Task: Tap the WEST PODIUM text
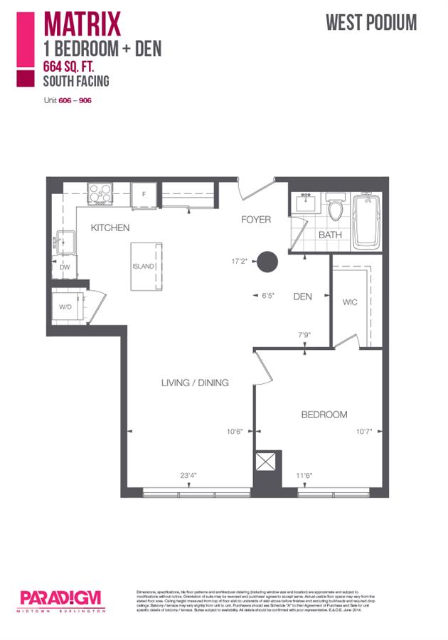point(371,23)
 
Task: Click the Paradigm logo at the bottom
point(62,599)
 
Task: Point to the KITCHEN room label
point(110,228)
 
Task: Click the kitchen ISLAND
point(146,267)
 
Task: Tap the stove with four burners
point(101,192)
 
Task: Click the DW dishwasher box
point(65,267)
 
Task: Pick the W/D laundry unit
point(66,307)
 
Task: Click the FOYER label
point(255,220)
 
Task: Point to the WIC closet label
point(349,302)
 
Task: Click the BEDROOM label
point(324,415)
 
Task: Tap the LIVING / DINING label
point(194,383)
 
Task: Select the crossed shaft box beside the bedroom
point(266,462)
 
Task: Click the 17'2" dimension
point(239,261)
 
